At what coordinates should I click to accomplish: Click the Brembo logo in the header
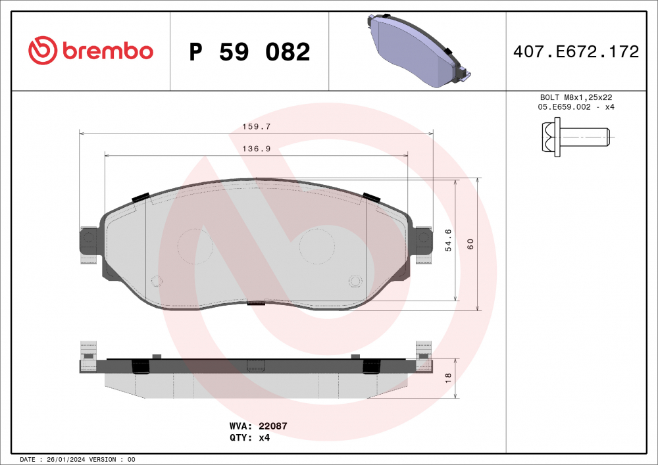click(x=91, y=51)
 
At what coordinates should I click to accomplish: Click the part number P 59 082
click(x=249, y=52)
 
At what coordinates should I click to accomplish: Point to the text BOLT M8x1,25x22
click(x=576, y=97)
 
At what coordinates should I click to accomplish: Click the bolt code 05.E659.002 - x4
click(x=576, y=107)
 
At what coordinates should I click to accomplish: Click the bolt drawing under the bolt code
click(x=575, y=137)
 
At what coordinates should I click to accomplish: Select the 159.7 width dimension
click(x=257, y=126)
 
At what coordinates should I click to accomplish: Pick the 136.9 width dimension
click(x=257, y=149)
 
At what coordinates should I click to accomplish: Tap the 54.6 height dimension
click(x=448, y=239)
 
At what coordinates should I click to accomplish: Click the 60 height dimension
click(x=470, y=243)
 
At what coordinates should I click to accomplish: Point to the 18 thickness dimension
click(x=448, y=378)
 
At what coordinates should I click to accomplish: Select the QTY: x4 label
click(x=250, y=437)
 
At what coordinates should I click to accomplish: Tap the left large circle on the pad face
click(x=195, y=246)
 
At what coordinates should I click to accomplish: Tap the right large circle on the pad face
click(x=317, y=247)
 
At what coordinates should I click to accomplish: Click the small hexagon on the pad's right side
click(x=355, y=281)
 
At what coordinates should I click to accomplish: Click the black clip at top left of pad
click(x=141, y=197)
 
